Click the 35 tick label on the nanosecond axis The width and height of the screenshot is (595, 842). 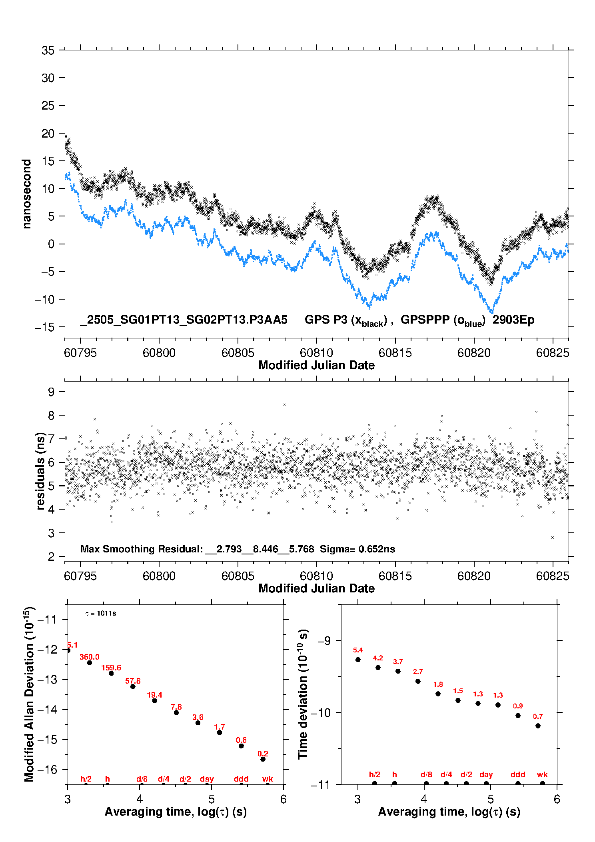[48, 51]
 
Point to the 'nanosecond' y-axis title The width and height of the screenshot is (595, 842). [27, 194]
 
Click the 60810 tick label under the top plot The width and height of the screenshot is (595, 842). [316, 353]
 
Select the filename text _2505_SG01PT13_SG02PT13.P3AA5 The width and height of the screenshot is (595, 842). [184, 320]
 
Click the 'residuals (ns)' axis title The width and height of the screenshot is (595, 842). [40, 471]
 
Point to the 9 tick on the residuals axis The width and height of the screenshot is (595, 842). [51, 392]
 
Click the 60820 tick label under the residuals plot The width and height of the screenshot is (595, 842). [474, 576]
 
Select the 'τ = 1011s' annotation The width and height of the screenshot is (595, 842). [101, 613]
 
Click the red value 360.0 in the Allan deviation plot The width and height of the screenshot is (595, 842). [90, 657]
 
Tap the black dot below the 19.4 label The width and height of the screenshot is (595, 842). [155, 700]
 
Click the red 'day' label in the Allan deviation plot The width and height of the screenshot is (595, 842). [207, 778]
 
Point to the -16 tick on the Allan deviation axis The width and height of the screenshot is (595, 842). [47, 769]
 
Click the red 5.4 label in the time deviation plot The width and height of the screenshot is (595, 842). [358, 650]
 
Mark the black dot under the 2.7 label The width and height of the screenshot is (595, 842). [418, 681]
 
